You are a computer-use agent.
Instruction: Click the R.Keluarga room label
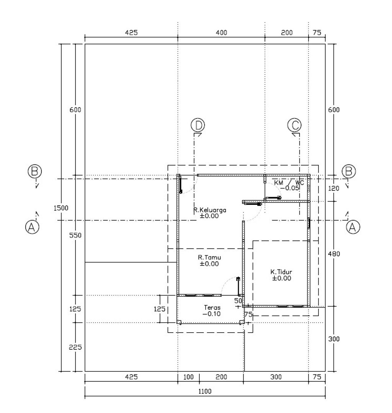point(210,210)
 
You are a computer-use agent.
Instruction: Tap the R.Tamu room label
point(209,257)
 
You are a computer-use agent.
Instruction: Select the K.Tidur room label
point(281,272)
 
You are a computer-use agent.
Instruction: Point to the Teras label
point(212,307)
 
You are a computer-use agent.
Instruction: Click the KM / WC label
point(289,183)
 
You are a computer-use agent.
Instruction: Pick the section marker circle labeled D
point(198,125)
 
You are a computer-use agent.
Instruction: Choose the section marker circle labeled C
point(294,125)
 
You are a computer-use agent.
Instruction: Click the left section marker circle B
point(35,171)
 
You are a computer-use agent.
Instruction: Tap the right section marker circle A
point(353,227)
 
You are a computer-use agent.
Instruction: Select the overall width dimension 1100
point(205,392)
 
